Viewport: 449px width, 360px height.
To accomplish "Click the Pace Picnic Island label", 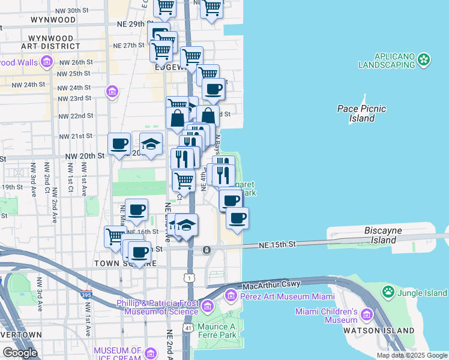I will pos(361,113).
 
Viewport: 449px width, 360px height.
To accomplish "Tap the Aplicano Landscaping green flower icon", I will pos(425,59).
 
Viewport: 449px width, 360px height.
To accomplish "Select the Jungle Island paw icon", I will pos(388,292).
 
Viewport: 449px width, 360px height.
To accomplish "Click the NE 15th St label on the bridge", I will pos(278,245).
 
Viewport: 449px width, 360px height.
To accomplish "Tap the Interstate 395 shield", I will pos(86,295).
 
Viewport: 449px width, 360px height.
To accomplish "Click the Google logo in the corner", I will pos(19,353).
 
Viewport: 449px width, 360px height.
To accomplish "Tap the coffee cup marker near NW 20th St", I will pos(119,144).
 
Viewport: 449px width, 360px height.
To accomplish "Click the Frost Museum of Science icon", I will pos(207,307).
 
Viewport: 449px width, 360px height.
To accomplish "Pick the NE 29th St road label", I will pos(129,24).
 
